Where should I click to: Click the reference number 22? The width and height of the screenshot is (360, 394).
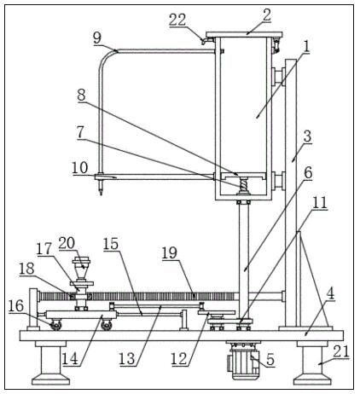[177, 20]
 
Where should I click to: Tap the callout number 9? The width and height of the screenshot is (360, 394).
[97, 38]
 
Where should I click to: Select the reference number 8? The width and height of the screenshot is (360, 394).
[81, 96]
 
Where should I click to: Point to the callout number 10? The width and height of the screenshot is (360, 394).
[80, 168]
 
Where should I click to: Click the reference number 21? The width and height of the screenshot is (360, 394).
[341, 351]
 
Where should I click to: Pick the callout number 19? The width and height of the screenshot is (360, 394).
[170, 252]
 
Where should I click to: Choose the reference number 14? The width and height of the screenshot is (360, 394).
[70, 359]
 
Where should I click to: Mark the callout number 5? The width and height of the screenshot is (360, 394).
[270, 360]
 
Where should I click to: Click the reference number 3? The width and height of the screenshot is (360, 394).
[307, 136]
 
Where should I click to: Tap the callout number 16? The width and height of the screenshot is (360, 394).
[16, 306]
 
